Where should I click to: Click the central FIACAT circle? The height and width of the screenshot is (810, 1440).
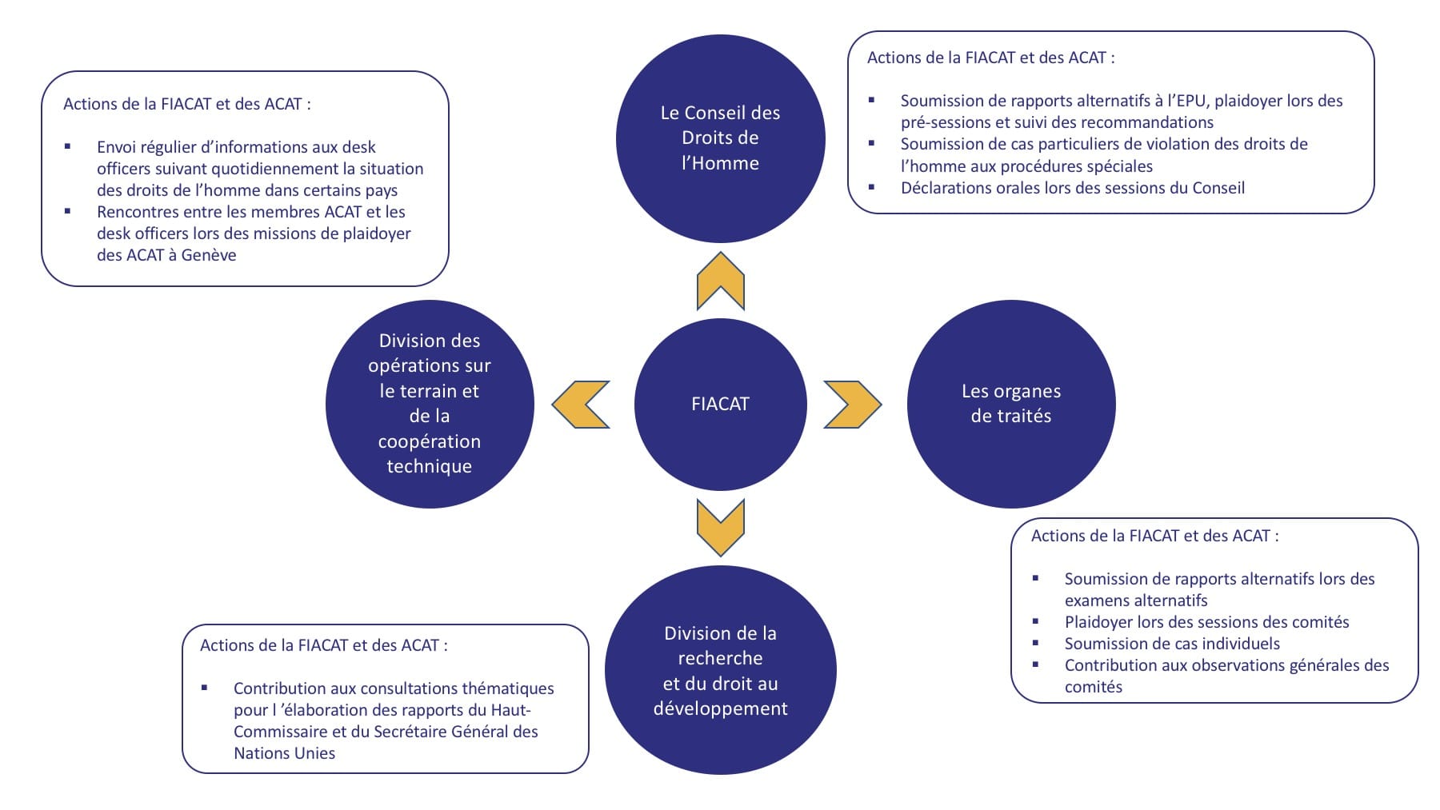coord(720,404)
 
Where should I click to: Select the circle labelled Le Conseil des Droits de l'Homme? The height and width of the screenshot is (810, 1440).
coord(720,138)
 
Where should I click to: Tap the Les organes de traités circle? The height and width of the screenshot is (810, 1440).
coord(1010,404)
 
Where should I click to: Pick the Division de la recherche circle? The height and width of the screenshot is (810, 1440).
coord(720,670)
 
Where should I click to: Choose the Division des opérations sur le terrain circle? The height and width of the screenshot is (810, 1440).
coord(430,404)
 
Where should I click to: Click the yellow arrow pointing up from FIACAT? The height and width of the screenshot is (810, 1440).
coord(721,281)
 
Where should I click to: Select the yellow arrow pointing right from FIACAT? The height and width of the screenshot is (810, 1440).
coord(852,404)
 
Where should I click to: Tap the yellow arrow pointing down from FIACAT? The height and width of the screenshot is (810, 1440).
coord(721,527)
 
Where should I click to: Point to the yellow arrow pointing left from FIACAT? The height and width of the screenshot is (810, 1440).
coord(582,404)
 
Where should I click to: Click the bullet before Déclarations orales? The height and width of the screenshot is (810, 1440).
coord(872,187)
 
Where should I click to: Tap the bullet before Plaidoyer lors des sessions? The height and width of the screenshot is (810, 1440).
coord(1036,621)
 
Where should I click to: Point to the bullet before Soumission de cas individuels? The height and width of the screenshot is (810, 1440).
coord(1036,643)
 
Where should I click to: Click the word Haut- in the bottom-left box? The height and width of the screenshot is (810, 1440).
coord(511,710)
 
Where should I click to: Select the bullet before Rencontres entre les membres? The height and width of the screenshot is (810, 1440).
coord(68,211)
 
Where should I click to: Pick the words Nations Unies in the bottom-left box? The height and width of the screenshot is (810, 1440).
coord(284,753)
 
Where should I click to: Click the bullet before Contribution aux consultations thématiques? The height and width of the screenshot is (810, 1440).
coord(205,688)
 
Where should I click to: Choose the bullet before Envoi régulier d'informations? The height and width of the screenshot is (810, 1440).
coord(68,146)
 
